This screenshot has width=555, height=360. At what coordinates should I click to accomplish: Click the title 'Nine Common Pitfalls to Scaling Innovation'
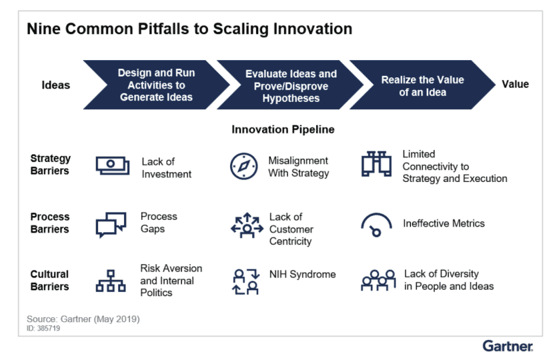click(189, 29)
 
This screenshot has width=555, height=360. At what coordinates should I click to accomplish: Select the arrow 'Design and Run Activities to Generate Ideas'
click(156, 85)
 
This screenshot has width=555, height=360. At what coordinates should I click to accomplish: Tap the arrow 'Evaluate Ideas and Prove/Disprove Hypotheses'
click(291, 85)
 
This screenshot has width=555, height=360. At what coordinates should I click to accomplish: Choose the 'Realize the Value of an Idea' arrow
click(422, 85)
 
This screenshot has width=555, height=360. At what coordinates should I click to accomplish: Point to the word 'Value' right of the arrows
click(515, 84)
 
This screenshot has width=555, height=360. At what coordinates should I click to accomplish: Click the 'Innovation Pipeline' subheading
click(283, 129)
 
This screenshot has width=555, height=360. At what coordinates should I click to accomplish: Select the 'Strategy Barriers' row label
click(50, 165)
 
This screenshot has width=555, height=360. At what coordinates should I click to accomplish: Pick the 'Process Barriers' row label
click(50, 223)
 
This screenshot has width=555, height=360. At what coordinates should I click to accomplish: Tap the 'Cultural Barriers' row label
click(50, 280)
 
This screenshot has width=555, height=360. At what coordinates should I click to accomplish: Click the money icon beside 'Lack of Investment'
click(112, 165)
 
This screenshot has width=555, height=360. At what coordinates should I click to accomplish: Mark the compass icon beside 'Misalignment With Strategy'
click(243, 166)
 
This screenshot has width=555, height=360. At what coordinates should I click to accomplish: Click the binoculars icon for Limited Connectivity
click(375, 164)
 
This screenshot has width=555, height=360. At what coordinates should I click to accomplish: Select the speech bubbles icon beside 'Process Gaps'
click(111, 224)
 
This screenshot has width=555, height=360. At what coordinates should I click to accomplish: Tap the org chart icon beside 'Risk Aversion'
click(111, 281)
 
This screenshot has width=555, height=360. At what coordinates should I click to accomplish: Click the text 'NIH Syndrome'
click(302, 274)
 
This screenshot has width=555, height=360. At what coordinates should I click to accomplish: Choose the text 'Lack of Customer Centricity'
click(291, 229)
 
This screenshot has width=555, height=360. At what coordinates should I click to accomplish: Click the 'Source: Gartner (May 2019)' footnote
click(83, 319)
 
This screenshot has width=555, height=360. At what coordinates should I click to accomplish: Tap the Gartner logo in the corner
click(508, 346)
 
